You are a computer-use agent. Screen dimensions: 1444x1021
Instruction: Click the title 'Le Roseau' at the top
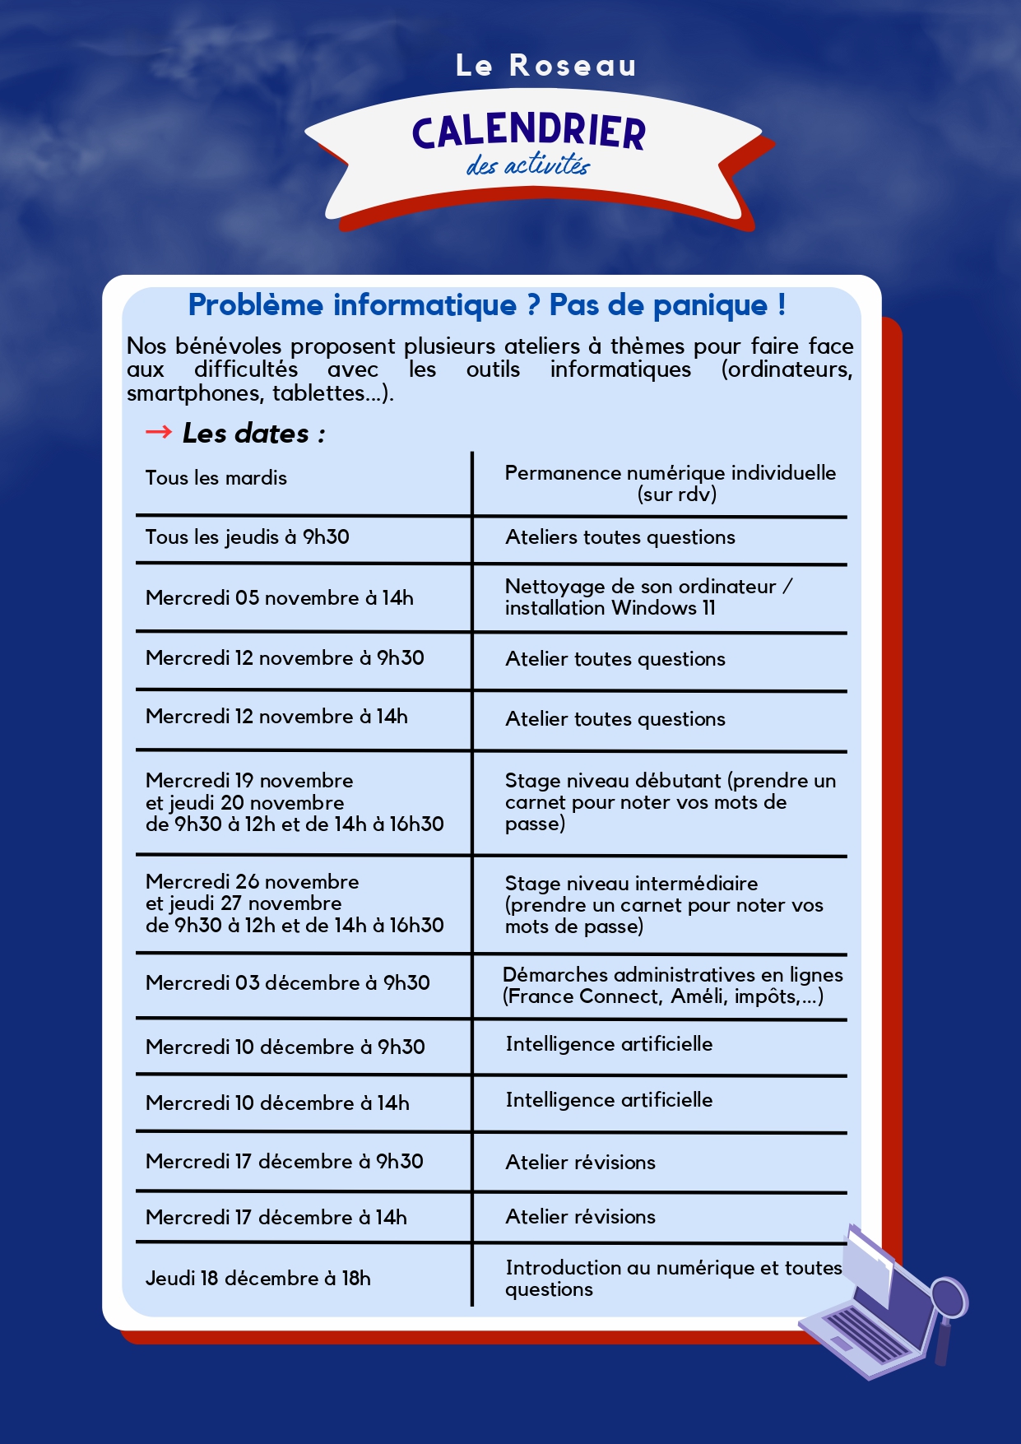tap(545, 66)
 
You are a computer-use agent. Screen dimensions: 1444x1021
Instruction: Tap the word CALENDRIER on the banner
tap(529, 132)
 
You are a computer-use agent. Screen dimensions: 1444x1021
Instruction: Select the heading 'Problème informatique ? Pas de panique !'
tap(487, 305)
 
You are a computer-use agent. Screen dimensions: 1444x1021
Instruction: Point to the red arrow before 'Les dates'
tap(158, 432)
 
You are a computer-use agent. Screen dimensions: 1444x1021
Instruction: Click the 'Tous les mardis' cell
tap(216, 478)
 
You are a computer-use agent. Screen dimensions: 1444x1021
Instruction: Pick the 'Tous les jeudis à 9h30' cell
tap(247, 537)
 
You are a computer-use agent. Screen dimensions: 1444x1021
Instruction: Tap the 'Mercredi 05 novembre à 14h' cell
tap(279, 598)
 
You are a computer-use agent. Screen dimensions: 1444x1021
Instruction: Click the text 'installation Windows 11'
tap(610, 608)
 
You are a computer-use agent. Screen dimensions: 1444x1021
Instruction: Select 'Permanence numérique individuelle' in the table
tap(670, 473)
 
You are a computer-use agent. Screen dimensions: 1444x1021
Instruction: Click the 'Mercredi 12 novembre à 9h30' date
tap(285, 658)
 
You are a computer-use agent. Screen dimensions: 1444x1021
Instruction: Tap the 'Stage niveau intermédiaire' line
tap(631, 884)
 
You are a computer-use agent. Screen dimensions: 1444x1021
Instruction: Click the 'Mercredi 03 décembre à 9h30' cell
tap(287, 983)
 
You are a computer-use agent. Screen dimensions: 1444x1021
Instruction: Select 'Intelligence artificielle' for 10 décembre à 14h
tap(609, 1100)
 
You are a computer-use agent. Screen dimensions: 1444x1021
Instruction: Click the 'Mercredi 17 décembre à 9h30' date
tap(284, 1162)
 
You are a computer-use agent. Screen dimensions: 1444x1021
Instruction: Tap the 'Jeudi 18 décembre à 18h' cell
tap(258, 1279)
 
